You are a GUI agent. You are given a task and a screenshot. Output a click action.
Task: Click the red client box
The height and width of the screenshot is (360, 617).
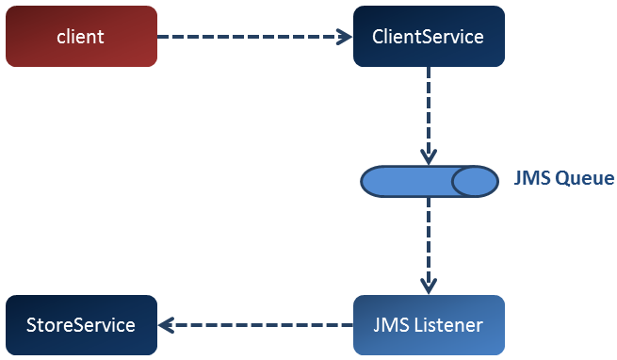(81, 36)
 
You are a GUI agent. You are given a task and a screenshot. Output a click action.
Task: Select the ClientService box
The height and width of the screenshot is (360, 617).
(429, 36)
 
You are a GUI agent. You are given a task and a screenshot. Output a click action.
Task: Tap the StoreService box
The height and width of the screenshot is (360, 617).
(81, 325)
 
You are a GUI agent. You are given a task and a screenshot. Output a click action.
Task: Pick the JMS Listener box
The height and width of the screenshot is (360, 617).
(429, 325)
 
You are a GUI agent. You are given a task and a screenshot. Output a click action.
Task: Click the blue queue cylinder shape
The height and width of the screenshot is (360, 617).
(430, 181)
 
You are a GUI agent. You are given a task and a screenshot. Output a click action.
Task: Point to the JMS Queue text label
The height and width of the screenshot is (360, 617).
(564, 178)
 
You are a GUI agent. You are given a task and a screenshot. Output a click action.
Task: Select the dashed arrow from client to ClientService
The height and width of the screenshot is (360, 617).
(255, 37)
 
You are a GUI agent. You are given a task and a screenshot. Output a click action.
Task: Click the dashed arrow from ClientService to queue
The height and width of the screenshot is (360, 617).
(429, 116)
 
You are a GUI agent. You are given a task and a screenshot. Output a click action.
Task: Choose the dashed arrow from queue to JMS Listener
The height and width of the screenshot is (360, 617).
(429, 246)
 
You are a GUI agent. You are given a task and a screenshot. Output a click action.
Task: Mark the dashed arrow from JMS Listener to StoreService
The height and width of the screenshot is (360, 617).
(256, 325)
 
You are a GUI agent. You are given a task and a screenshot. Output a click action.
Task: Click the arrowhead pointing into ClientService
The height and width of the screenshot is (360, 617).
(345, 37)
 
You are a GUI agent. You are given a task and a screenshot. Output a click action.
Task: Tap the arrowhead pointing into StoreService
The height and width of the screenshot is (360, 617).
(167, 325)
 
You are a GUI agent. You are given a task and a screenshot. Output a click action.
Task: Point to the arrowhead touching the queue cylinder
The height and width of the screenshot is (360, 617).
(429, 157)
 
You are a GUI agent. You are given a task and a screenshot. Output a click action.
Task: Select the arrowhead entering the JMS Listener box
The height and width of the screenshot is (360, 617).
(429, 286)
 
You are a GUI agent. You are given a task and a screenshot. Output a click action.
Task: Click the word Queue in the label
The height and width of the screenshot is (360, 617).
(585, 179)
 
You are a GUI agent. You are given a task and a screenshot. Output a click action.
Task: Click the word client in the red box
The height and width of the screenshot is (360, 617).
(80, 37)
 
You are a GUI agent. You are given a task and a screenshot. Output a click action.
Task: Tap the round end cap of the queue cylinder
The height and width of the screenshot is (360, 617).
(476, 181)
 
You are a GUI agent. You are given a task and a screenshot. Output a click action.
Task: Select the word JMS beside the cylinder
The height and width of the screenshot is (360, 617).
(532, 178)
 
